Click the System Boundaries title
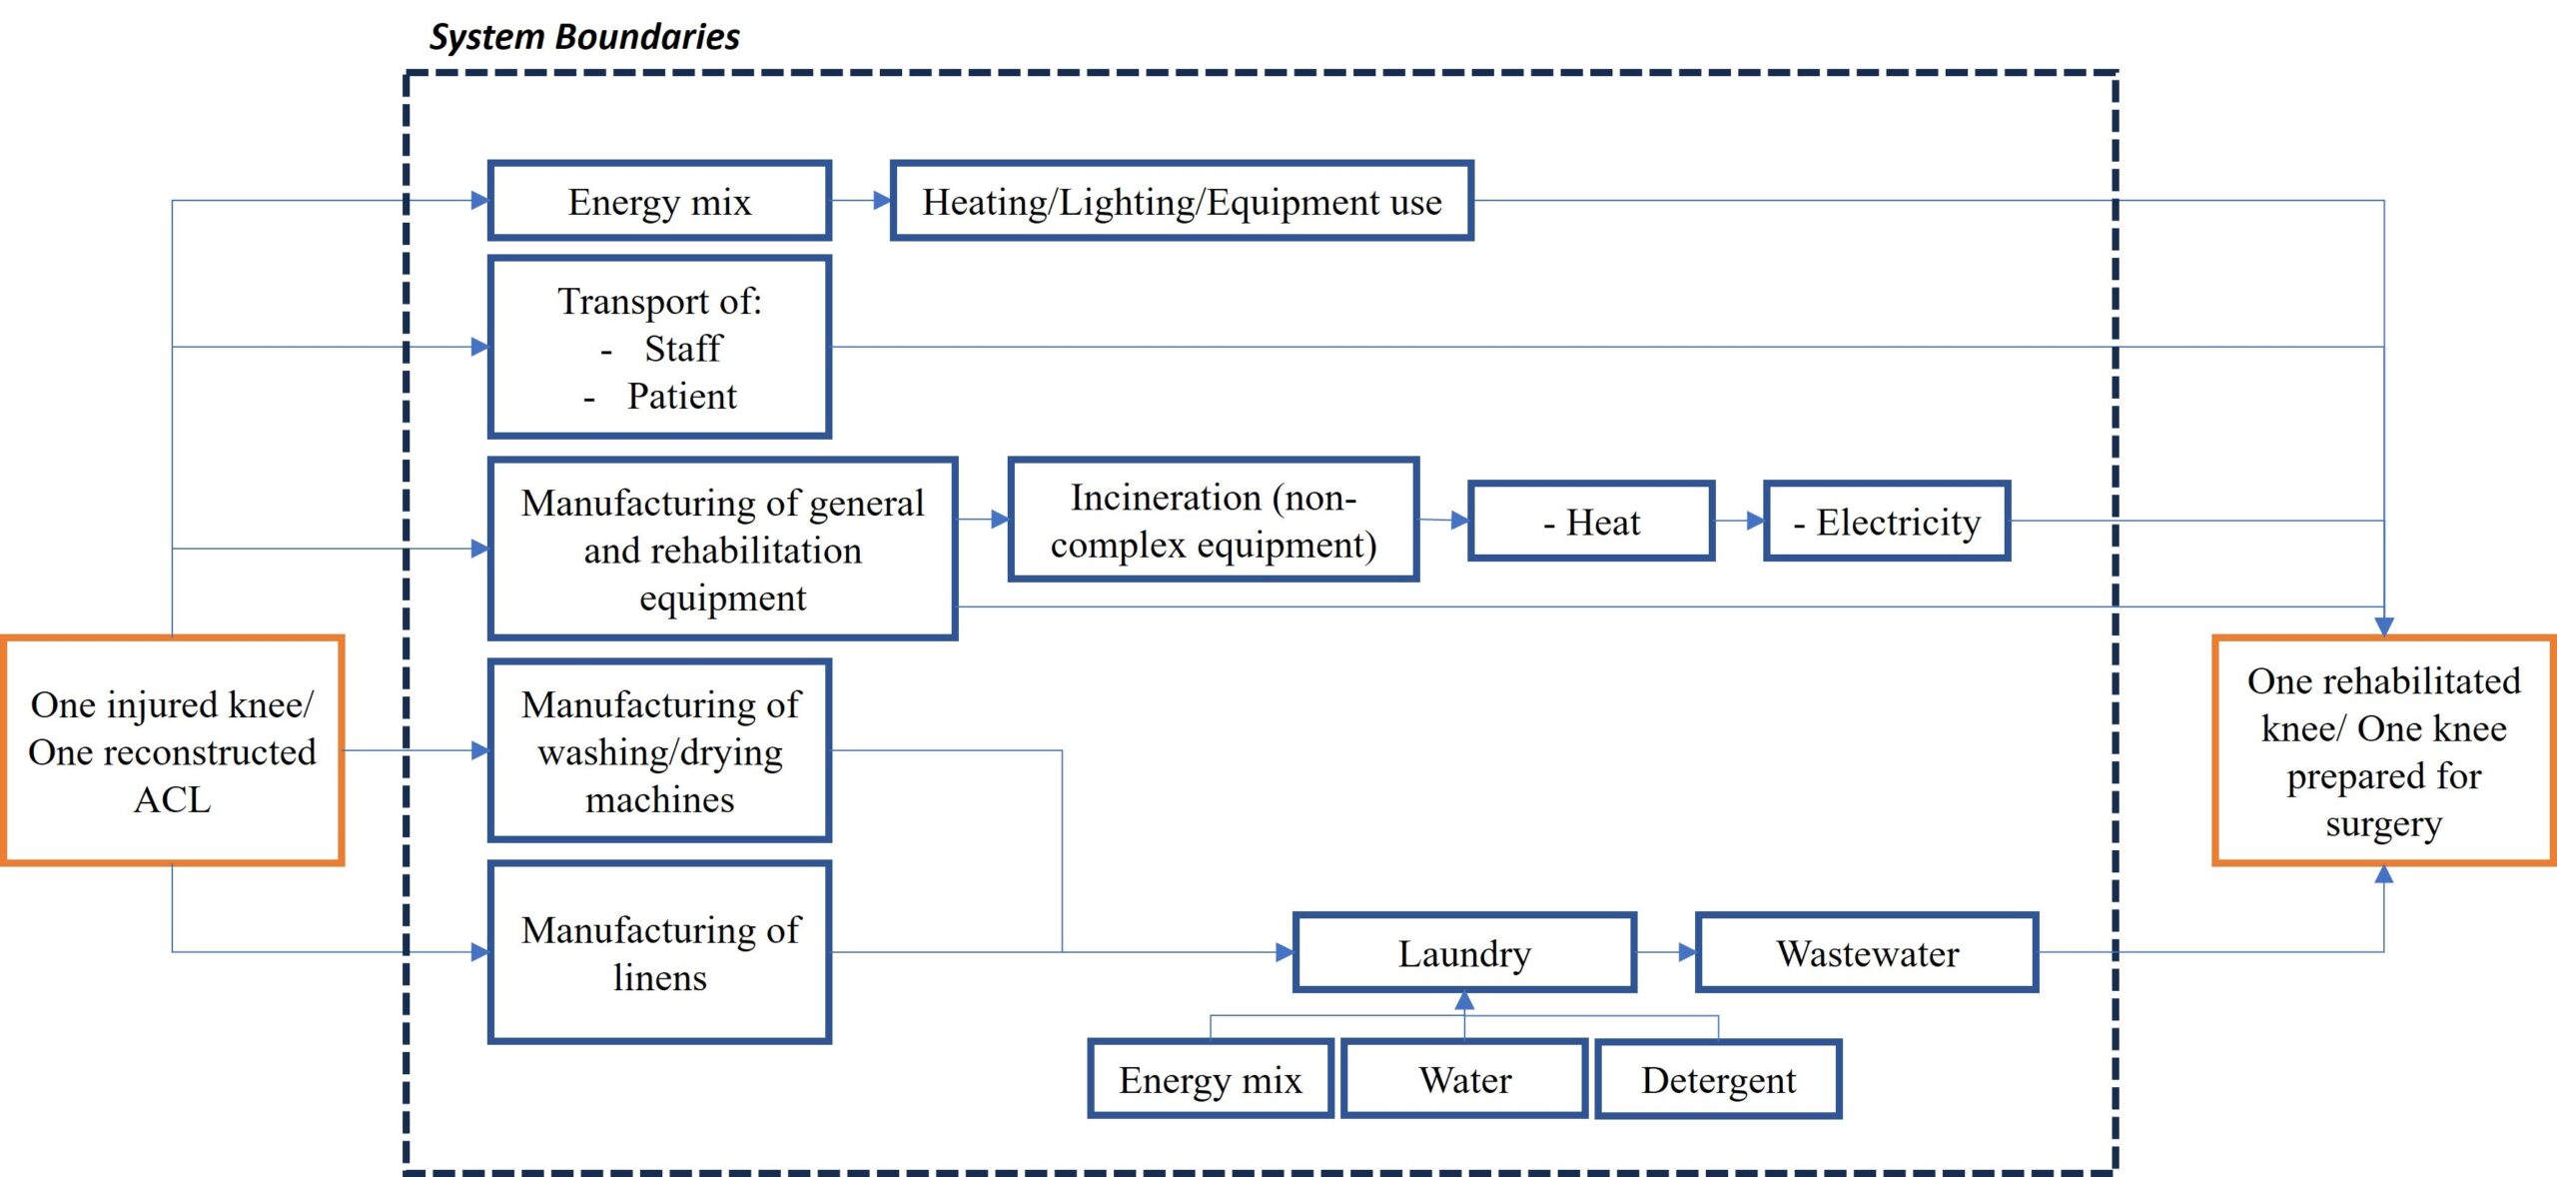pos(584,37)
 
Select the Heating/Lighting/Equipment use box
pos(1182,201)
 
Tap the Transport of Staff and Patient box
pos(659,348)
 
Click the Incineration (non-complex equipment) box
pos(1214,520)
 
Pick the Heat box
pos(1591,521)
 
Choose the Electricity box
pos(1887,521)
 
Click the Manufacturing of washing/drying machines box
pos(659,750)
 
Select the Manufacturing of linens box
pos(659,952)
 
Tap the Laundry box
pos(1464,952)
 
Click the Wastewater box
pos(1867,952)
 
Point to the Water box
pos(1464,1079)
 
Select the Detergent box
pos(1718,1079)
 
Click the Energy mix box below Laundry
pos(1211,1079)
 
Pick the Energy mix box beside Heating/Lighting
pos(659,201)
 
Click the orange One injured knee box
pos(173,750)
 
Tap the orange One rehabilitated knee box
pos(2384,750)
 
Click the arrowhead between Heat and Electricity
pos(1755,521)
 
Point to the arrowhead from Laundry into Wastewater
pos(1687,952)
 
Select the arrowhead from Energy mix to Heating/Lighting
pos(882,201)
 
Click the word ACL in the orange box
pos(173,799)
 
